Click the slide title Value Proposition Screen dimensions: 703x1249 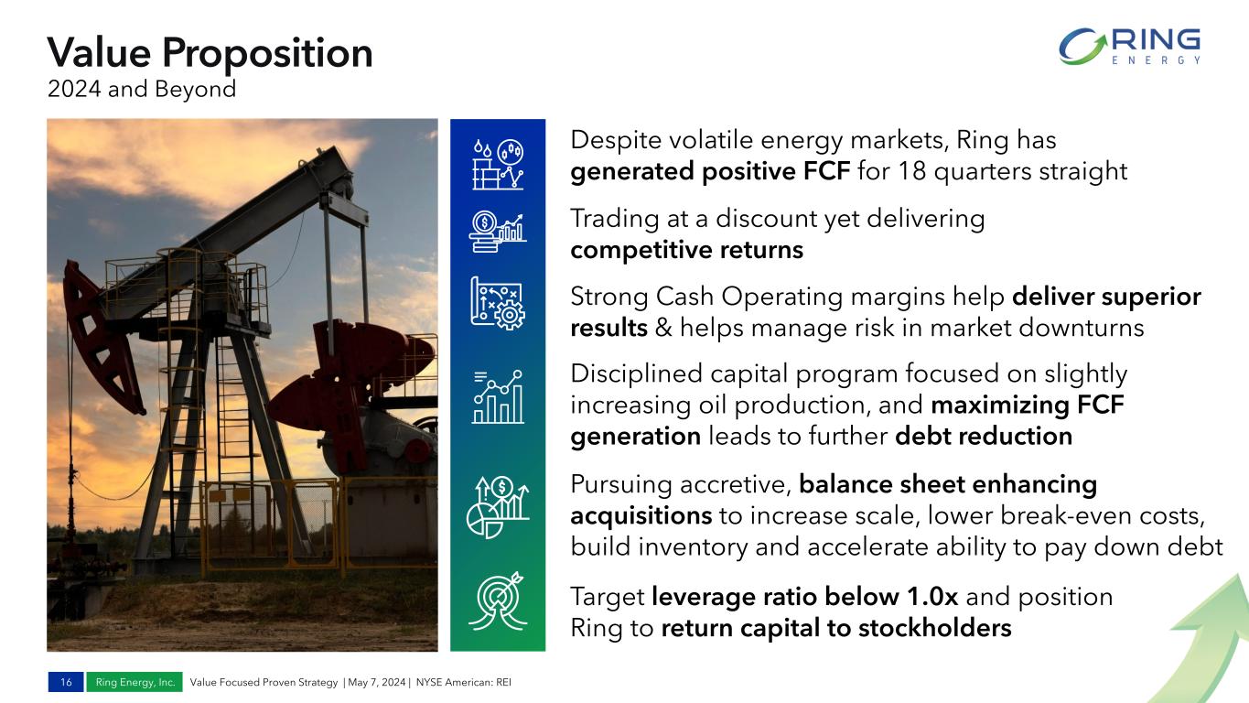click(x=210, y=52)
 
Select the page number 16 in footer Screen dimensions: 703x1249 click(x=66, y=683)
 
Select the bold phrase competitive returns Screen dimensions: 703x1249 click(x=686, y=250)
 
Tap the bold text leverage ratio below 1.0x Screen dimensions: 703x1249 click(x=804, y=597)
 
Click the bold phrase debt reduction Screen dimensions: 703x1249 click(x=983, y=437)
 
